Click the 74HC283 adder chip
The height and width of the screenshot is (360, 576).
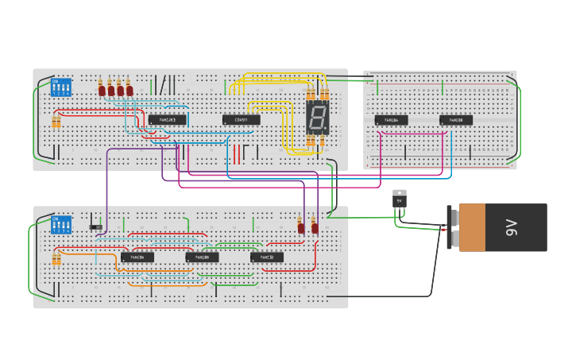click(x=167, y=120)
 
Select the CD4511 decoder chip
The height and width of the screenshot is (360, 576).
click(x=241, y=120)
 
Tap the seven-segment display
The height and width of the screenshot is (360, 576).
click(x=317, y=118)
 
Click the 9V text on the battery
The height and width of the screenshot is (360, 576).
click(x=511, y=227)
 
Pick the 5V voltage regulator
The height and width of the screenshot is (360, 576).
click(x=400, y=199)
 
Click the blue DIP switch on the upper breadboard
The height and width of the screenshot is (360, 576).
click(x=61, y=87)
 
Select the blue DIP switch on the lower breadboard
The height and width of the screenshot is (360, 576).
click(x=61, y=224)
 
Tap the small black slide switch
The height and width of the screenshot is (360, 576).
click(x=95, y=227)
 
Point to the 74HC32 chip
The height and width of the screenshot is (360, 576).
click(x=266, y=257)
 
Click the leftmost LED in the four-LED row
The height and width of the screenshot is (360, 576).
click(x=102, y=90)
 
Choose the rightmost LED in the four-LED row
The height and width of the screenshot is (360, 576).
click(x=130, y=90)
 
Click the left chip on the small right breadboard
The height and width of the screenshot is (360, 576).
click(x=391, y=120)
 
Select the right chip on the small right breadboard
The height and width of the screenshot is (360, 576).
click(x=456, y=120)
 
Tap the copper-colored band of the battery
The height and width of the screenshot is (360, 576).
click(x=471, y=227)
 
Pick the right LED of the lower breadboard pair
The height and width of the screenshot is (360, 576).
click(x=315, y=227)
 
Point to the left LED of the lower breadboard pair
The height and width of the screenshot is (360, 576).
click(x=300, y=227)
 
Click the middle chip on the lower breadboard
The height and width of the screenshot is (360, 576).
click(x=202, y=257)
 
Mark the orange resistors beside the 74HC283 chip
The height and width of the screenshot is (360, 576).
click(x=56, y=122)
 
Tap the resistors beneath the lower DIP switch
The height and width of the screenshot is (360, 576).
click(x=56, y=259)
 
